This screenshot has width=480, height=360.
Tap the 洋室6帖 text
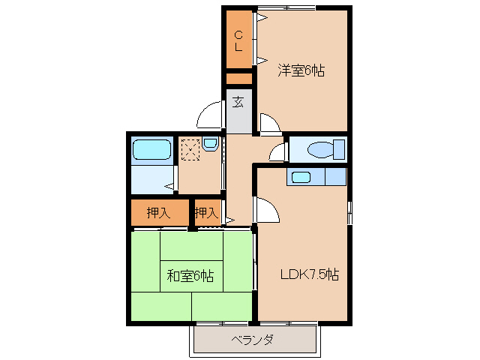(301, 71)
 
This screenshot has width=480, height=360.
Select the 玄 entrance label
(238, 102)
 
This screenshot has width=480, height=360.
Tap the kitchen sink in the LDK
(301, 177)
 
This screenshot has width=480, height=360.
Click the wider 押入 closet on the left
(158, 212)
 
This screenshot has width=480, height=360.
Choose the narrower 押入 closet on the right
(206, 213)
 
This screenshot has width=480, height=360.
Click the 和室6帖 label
(190, 276)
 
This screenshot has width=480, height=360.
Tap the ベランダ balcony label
(252, 340)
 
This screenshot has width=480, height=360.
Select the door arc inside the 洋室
(268, 123)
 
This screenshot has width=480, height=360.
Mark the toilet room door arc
(277, 152)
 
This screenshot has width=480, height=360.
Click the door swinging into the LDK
(267, 211)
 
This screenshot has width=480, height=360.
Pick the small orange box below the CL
(239, 78)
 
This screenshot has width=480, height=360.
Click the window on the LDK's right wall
(349, 213)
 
